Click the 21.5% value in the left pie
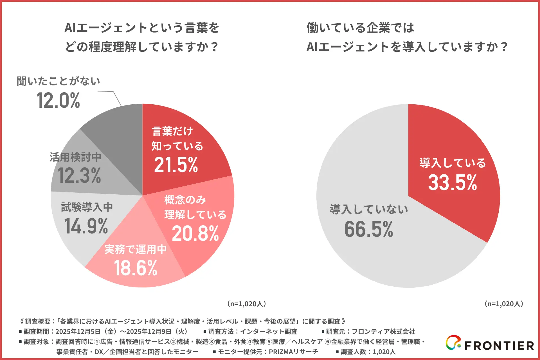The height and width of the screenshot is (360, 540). pos(176,165)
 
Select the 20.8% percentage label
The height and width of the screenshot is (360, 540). pos(195,234)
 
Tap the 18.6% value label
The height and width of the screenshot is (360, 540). pos(136,268)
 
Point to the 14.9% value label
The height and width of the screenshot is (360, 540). pos(86,226)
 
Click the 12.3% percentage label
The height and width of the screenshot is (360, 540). pos(79,176)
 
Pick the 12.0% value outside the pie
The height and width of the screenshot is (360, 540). pos(58,100)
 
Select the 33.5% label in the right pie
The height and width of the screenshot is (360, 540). pos(453,183)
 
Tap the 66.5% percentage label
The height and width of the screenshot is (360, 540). pos(369,229)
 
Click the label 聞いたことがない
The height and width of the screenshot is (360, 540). pos(58,81)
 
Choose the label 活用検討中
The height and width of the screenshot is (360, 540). pos(75,157)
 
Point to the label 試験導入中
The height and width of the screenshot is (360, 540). pos(87,207)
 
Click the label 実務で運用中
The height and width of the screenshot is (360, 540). pos(136,249)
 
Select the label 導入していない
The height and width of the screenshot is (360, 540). pos(369,210)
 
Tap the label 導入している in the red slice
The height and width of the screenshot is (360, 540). pos(453,163)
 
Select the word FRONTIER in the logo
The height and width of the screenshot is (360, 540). pos(499,346)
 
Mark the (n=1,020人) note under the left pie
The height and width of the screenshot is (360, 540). pos(246,304)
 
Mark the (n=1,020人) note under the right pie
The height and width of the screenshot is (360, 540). pos(504,304)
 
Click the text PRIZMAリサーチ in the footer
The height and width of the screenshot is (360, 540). pos(293,352)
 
